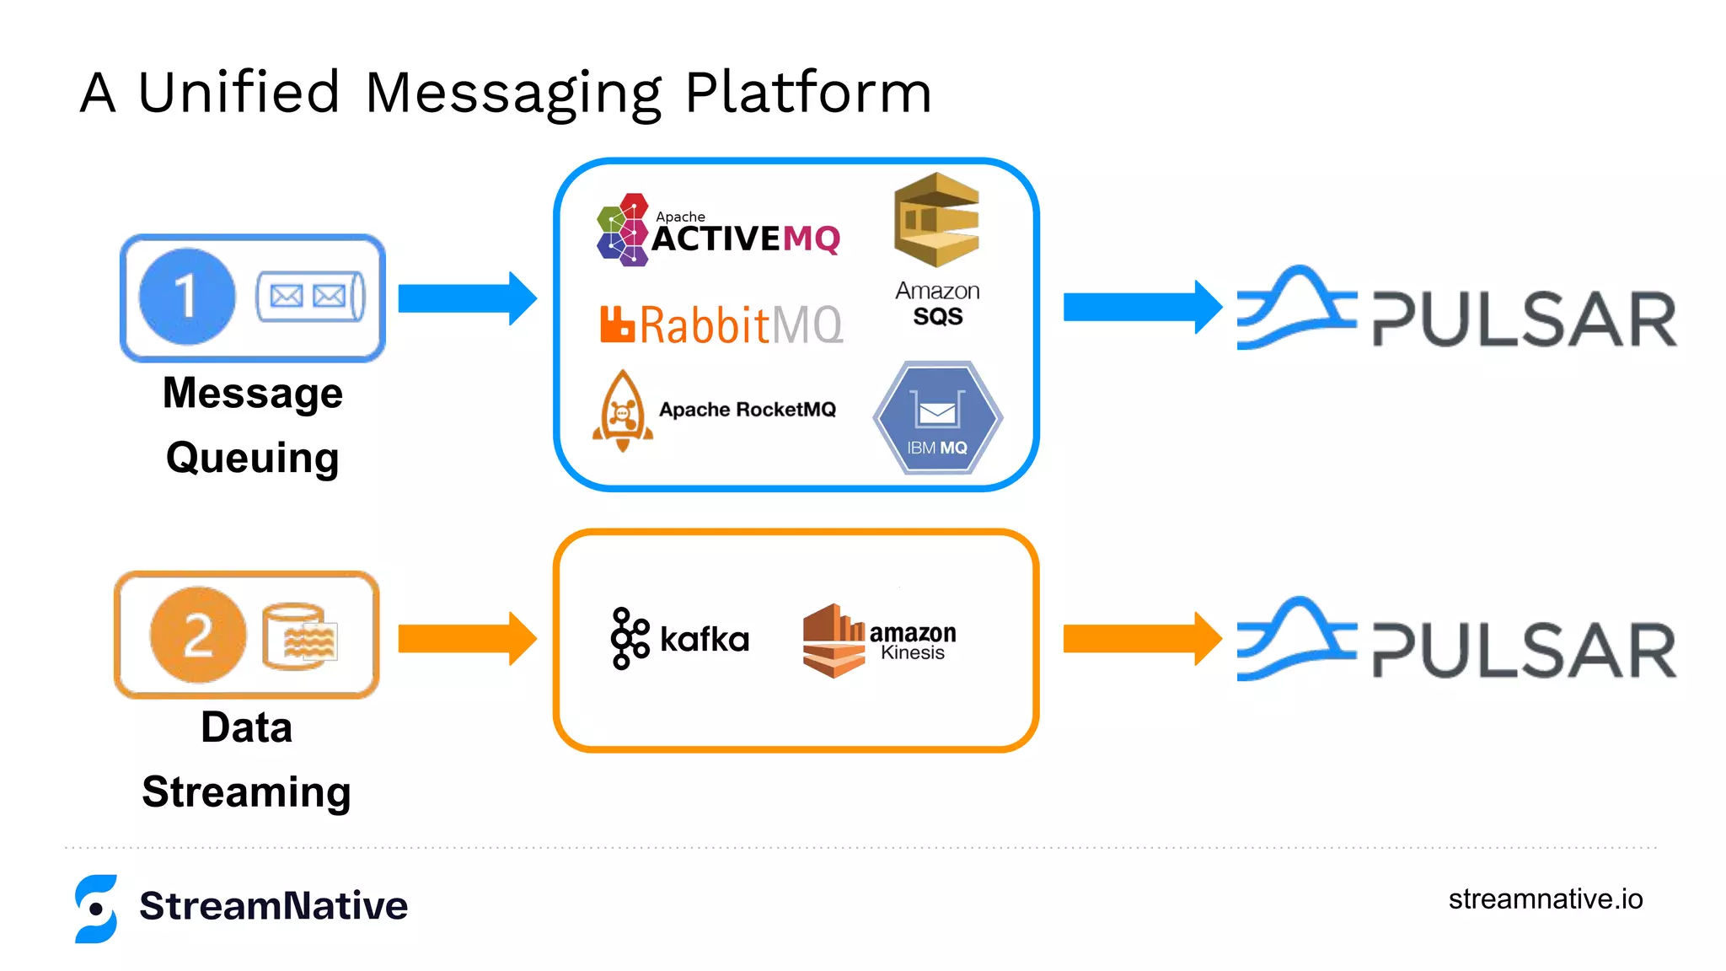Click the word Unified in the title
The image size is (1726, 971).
click(239, 92)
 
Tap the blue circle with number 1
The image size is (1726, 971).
click(186, 297)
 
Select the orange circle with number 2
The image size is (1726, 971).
click(198, 635)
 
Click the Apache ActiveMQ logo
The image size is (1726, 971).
click(718, 231)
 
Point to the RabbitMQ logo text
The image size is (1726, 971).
click(721, 325)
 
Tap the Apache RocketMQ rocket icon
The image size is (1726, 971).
click(622, 411)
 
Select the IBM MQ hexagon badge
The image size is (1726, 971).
click(937, 418)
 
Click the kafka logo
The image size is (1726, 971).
click(679, 639)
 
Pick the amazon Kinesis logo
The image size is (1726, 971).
click(879, 641)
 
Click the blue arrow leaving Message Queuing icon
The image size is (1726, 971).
click(466, 298)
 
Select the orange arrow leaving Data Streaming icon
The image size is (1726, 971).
click(466, 639)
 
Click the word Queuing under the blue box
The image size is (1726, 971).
click(252, 459)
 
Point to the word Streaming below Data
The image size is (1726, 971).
click(246, 792)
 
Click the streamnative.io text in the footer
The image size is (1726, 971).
click(1545, 899)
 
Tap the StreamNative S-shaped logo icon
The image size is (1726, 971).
click(96, 908)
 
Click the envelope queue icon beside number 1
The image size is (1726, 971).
click(309, 296)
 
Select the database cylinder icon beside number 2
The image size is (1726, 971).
click(299, 636)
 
